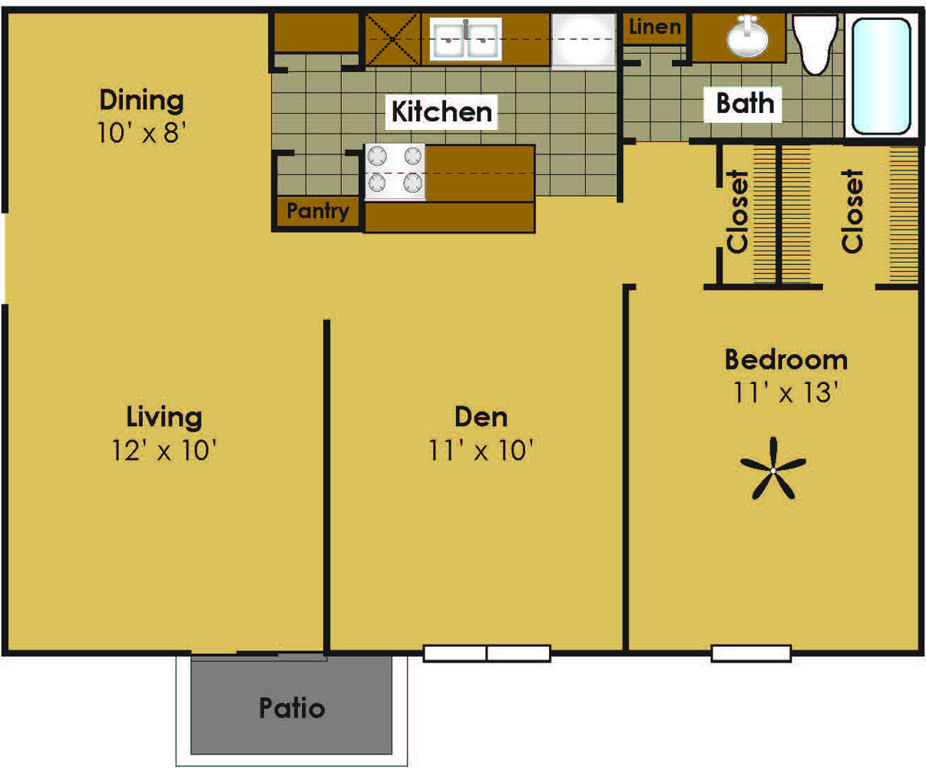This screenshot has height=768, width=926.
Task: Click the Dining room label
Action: [141, 100]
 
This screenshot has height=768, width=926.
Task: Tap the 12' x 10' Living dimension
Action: [164, 450]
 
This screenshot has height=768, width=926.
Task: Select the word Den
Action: [481, 417]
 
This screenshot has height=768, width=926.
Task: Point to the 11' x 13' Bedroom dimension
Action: [785, 392]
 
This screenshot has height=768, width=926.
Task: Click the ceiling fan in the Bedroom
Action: [773, 469]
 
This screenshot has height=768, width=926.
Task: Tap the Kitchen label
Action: [442, 111]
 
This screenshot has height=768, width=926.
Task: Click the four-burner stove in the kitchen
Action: [395, 171]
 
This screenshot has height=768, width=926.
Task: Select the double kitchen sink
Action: [466, 38]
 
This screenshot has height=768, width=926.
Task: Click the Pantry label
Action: [317, 210]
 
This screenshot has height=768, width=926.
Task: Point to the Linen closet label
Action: [655, 28]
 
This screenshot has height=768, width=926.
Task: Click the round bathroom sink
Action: [748, 38]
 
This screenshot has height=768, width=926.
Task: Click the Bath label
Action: [744, 103]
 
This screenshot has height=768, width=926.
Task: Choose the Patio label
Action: [292, 707]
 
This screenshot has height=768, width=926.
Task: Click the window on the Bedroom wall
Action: [751, 654]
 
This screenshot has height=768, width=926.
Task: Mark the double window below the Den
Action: [487, 654]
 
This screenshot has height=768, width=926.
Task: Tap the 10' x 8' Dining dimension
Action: [142, 133]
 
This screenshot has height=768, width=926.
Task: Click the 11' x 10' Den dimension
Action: [481, 450]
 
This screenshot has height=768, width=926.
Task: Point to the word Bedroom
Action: [785, 359]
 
